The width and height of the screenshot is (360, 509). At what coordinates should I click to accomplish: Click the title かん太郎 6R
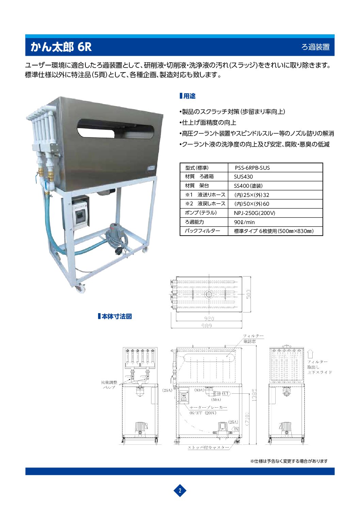pyautogui.click(x=61, y=47)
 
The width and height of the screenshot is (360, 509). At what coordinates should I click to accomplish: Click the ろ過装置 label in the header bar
pyautogui.click(x=315, y=47)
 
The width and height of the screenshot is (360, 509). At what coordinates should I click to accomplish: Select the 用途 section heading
pyautogui.click(x=188, y=96)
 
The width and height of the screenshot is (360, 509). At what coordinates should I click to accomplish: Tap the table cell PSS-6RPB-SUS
pyautogui.click(x=252, y=168)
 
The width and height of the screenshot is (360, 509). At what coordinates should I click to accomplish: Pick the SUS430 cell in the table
pyautogui.click(x=243, y=177)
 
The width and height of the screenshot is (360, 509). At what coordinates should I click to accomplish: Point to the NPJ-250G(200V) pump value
pyautogui.click(x=255, y=213)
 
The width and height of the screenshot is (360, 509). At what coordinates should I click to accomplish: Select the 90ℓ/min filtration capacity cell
pyautogui.click(x=244, y=222)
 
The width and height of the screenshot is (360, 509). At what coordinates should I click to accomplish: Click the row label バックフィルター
pyautogui.click(x=202, y=231)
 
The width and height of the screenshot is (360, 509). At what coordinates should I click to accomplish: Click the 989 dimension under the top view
pyautogui.click(x=207, y=326)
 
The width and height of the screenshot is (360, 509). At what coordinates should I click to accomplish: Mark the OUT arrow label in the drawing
pyautogui.click(x=226, y=393)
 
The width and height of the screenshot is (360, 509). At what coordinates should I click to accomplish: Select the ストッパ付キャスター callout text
pyautogui.click(x=209, y=447)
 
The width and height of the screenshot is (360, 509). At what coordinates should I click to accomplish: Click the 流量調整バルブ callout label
pyautogui.click(x=109, y=385)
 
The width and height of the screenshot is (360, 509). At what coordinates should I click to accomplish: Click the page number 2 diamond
pyautogui.click(x=180, y=490)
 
